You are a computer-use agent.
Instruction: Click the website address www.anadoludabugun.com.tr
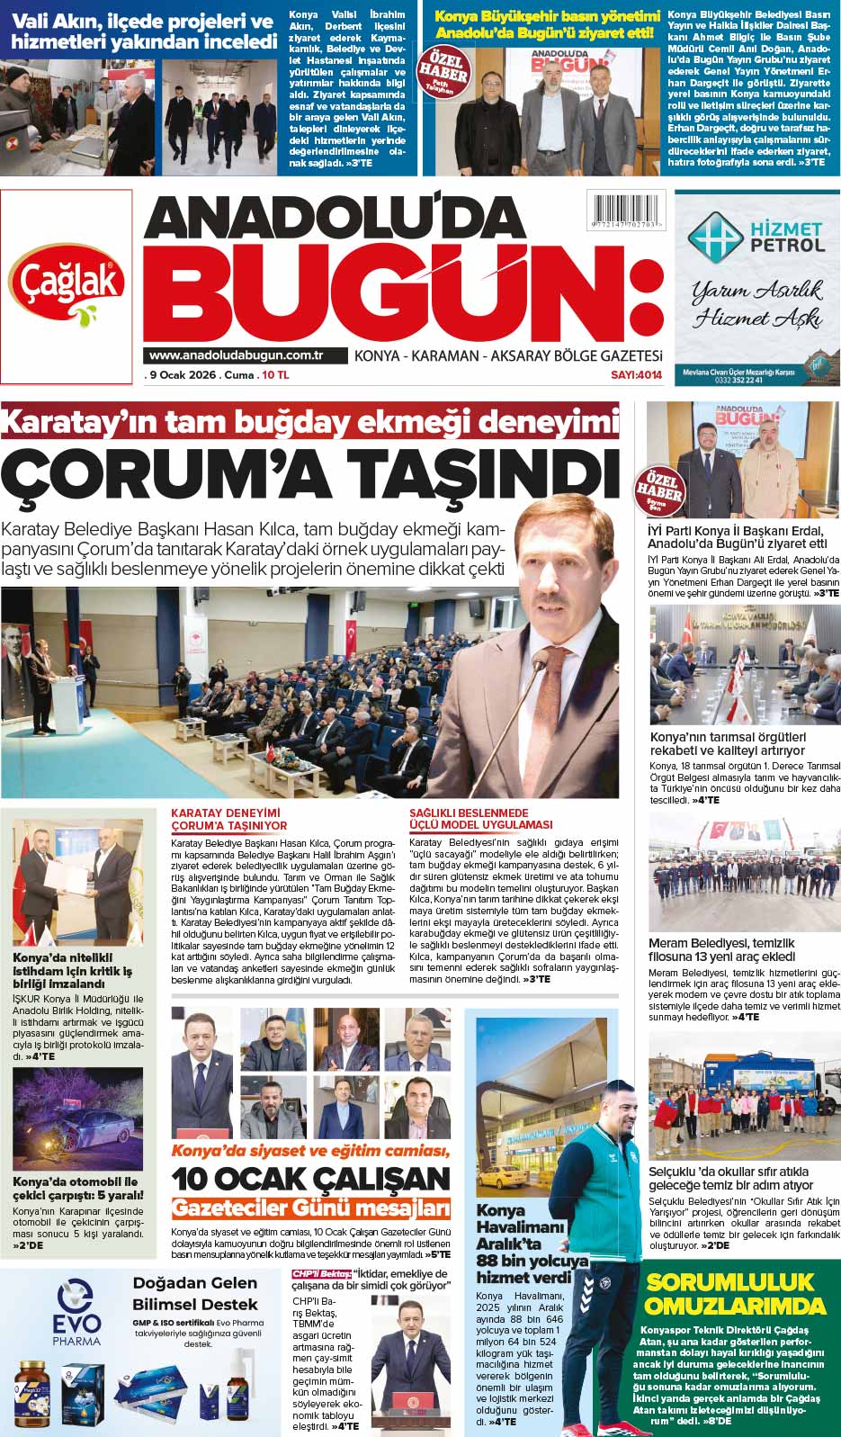tap(237, 355)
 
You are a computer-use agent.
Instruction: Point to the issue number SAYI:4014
tap(636, 374)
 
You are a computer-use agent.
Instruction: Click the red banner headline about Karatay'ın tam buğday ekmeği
tap(310, 421)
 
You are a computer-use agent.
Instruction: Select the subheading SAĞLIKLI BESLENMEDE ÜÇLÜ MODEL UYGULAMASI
tap(480, 819)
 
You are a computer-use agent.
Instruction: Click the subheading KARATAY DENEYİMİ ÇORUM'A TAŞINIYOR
tap(229, 819)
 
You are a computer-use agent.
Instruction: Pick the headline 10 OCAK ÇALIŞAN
tap(311, 1179)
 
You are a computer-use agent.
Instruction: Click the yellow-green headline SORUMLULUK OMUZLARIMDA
tap(736, 1293)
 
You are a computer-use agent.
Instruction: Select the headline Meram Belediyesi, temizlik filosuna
tap(721, 949)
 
